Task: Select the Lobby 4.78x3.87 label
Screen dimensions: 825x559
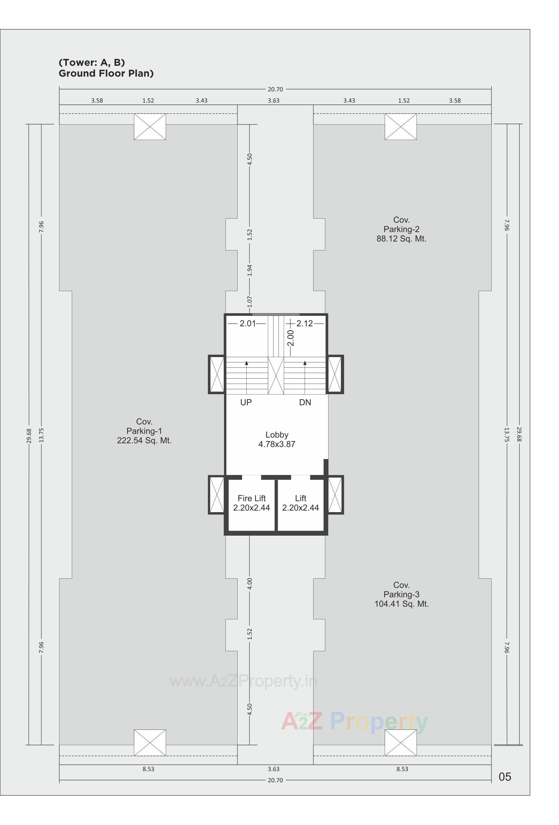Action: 277,440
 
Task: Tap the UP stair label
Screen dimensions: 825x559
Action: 246,402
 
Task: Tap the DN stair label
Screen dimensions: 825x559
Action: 305,402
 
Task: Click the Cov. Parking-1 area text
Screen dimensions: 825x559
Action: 144,431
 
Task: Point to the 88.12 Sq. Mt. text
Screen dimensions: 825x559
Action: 401,239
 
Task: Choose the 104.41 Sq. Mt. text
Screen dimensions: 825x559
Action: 401,604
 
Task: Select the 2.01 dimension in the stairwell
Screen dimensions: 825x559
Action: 247,324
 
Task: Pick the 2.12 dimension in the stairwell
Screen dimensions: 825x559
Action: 305,324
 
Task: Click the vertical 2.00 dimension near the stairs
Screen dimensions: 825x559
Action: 291,338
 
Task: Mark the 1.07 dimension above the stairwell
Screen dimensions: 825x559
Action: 250,302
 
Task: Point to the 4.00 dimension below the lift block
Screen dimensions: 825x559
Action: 250,583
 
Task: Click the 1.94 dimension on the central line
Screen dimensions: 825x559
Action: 250,270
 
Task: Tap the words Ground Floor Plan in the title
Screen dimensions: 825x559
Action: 106,73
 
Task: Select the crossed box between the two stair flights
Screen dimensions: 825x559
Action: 276,376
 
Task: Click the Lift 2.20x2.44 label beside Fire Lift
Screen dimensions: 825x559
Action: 301,503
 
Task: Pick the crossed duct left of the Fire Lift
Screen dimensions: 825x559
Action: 217,495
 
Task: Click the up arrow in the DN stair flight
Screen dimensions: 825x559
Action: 305,363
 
